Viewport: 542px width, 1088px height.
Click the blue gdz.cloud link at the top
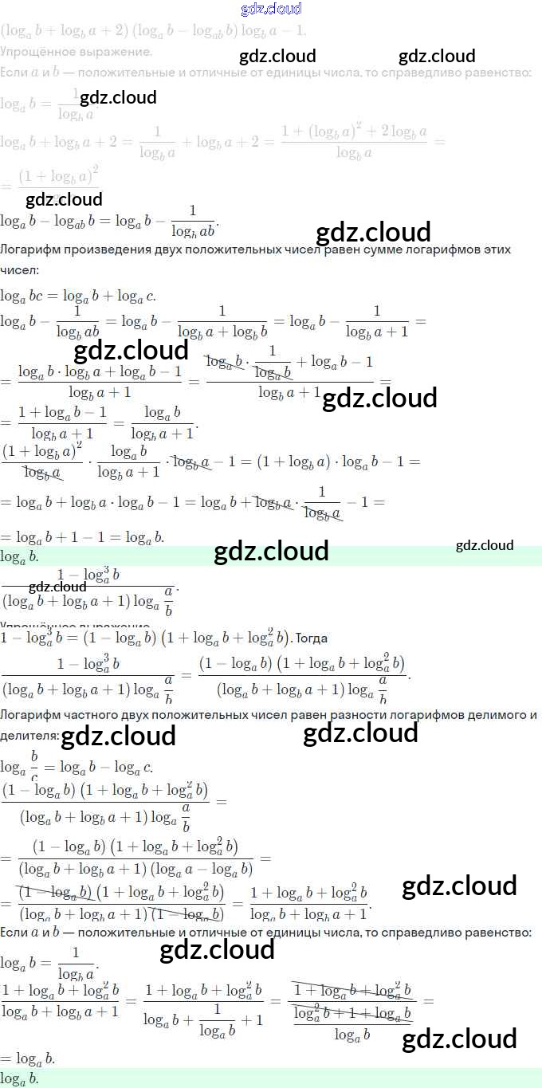coord(271,9)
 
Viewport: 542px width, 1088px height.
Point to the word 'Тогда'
coord(312,638)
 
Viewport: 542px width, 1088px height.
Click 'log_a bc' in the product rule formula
coord(22,297)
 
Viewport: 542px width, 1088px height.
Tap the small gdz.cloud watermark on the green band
coord(485,545)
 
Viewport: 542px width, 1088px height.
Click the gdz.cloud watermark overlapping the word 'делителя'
coord(118,736)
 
